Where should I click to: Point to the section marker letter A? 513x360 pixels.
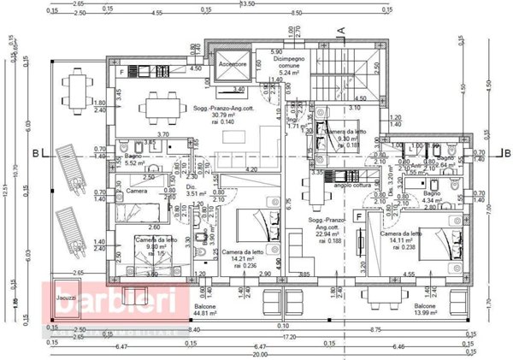(340, 30)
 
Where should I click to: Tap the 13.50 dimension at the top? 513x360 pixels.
(249, 4)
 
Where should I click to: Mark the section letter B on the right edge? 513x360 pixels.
(505, 154)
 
